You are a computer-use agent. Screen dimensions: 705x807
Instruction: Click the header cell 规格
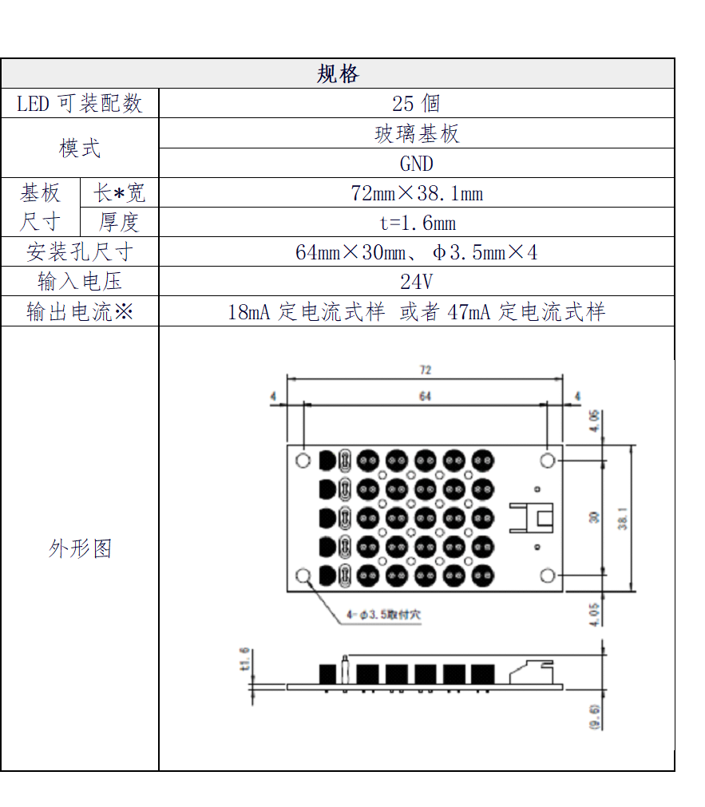point(338,73)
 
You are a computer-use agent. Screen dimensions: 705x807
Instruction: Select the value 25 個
point(416,104)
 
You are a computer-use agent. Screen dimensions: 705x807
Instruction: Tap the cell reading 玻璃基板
point(416,134)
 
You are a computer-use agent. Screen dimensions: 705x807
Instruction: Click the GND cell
point(416,164)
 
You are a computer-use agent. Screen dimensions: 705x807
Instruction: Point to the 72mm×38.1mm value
point(416,193)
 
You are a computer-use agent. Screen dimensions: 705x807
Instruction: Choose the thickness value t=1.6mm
point(416,223)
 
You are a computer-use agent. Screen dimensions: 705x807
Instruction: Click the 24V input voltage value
point(416,282)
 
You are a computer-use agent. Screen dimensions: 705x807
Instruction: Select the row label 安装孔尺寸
point(80,252)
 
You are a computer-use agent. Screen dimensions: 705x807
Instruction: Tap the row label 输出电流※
point(80,311)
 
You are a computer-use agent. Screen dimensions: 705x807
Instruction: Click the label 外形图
point(80,548)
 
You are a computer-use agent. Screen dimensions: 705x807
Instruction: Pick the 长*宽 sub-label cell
point(120,193)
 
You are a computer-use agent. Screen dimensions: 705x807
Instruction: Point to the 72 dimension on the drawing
point(426,370)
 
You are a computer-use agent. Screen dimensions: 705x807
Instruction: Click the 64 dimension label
point(425,396)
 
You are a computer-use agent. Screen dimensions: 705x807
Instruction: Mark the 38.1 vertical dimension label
point(623,518)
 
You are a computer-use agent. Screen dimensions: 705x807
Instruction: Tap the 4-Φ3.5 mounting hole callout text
point(383,615)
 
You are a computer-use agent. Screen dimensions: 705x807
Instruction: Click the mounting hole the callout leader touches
point(304,576)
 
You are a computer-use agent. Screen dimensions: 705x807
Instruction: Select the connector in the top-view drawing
point(532,517)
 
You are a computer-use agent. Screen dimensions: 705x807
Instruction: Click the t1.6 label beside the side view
point(244,659)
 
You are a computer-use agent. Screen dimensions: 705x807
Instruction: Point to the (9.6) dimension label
point(594,716)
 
